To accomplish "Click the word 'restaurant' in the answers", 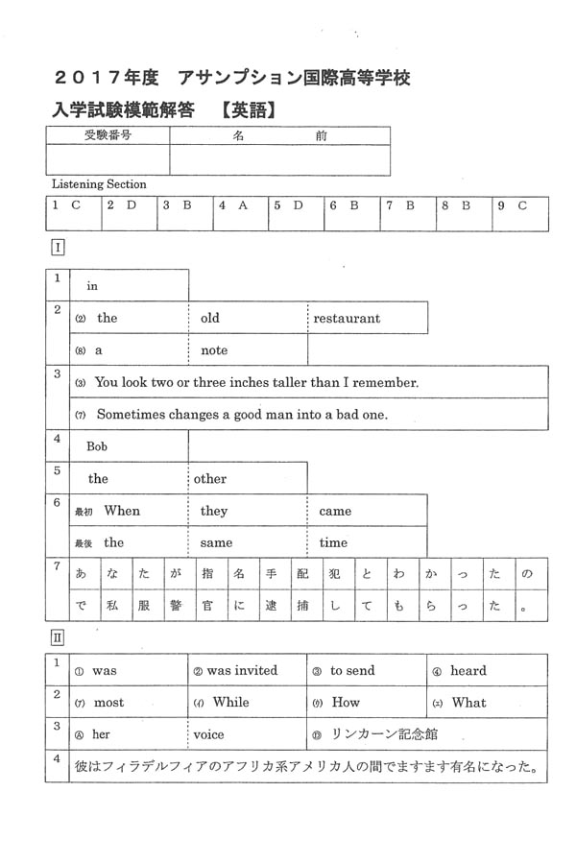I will (x=347, y=318).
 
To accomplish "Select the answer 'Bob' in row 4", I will (x=97, y=446).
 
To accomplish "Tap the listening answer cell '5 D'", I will (x=289, y=205).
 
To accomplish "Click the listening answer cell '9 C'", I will (x=513, y=205).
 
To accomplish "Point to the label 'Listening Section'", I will (x=99, y=183).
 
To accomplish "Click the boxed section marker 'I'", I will (x=58, y=248).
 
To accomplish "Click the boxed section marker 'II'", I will (x=58, y=636).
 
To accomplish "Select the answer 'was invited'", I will (x=241, y=671).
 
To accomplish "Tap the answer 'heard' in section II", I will (x=468, y=671).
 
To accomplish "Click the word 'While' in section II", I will (x=230, y=702).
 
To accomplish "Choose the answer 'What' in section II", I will (x=468, y=702).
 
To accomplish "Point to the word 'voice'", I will (x=208, y=734).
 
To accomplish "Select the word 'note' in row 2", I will (x=214, y=350).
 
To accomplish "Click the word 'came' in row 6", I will (x=335, y=511).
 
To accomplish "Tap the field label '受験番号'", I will (x=108, y=135).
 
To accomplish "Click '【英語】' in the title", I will (x=247, y=110).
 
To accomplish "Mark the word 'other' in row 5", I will (x=210, y=478).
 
